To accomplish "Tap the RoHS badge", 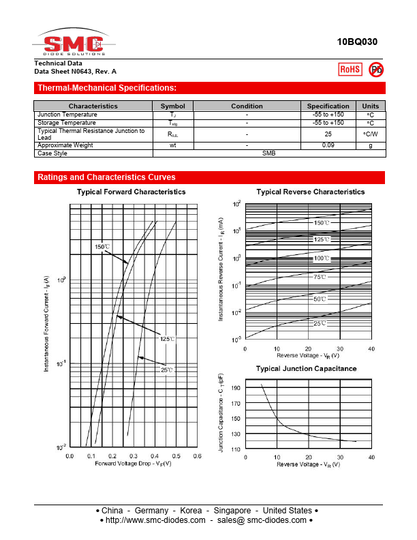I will [x=350, y=69].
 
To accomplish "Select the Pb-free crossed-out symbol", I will [x=375, y=69].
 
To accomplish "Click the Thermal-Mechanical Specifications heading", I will [x=107, y=88].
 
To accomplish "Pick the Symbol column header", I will [x=172, y=106].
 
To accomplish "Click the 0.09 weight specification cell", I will [x=328, y=145].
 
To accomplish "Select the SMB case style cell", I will [x=268, y=153].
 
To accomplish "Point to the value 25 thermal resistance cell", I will [x=328, y=134].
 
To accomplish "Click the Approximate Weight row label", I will [x=65, y=145].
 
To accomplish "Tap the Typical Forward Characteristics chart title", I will [x=131, y=192].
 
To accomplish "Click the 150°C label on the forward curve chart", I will [x=102, y=246].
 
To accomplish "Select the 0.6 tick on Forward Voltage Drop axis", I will [x=196, y=455].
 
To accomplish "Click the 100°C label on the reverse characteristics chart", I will [x=322, y=258].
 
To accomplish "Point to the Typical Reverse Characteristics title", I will [x=310, y=192].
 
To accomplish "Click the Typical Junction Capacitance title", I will [x=306, y=368].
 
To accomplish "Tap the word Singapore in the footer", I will [x=232, y=511].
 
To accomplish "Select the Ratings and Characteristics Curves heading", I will [x=106, y=177].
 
